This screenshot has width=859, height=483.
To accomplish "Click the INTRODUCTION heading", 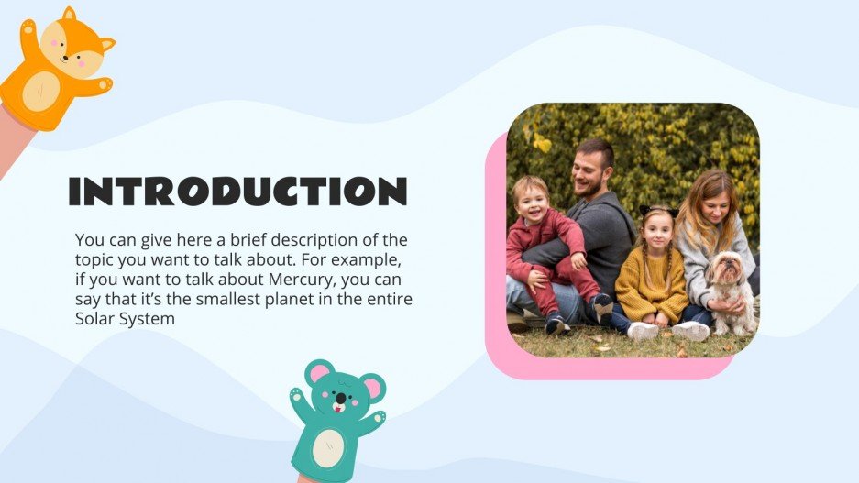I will click(237, 191).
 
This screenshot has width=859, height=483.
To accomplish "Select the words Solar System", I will click(125, 319).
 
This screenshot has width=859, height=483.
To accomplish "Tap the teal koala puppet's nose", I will click(339, 399).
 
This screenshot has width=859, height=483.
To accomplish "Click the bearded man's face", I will click(591, 170).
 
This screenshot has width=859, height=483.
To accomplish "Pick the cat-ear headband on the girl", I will click(659, 212).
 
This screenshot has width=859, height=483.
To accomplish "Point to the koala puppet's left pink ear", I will click(318, 373).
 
